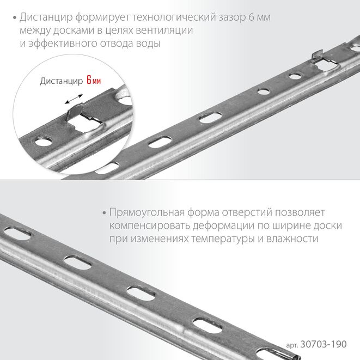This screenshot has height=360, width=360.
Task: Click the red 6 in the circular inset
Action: pyautogui.click(x=89, y=80)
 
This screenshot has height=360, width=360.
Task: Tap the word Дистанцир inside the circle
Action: pyautogui.click(x=62, y=81)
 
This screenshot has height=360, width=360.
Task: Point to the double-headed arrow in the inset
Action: pyautogui.click(x=74, y=99)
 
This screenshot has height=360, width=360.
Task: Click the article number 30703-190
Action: pyautogui.click(x=324, y=344)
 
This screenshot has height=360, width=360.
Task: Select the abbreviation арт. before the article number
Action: pyautogui.click(x=292, y=345)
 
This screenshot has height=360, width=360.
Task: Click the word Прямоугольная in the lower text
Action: pyautogui.click(x=147, y=213)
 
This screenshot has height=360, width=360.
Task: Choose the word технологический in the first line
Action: pyautogui.click(x=174, y=17)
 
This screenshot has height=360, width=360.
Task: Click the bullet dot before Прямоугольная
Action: pyautogui.click(x=104, y=213)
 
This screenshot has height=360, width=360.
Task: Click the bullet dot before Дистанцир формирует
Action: pyautogui.click(x=15, y=18)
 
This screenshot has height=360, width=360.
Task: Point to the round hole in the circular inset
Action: pyautogui.click(x=44, y=141)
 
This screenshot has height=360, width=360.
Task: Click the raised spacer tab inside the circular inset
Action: pyautogui.click(x=74, y=111)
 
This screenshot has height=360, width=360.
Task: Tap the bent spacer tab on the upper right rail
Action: pyautogui.click(x=317, y=57)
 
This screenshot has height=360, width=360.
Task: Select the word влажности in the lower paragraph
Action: pyautogui.click(x=292, y=239)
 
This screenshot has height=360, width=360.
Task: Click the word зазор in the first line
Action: pyautogui.click(x=232, y=17)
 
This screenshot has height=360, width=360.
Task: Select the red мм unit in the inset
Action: pyautogui.click(x=96, y=81)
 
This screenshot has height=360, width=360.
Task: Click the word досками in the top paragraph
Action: pyautogui.click(x=74, y=30)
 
